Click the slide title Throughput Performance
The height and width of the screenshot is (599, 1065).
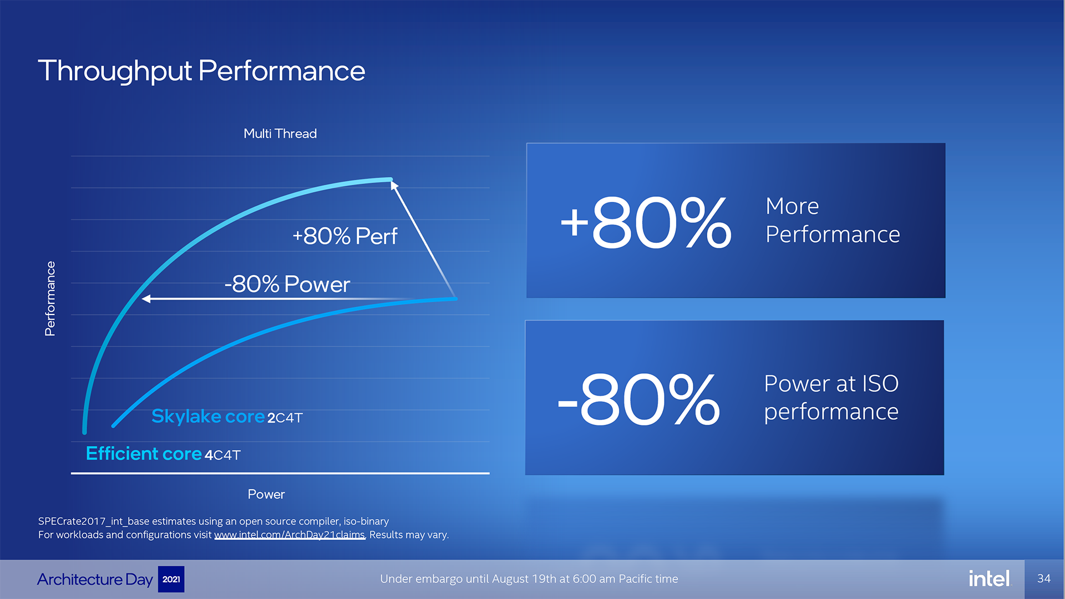click(x=201, y=72)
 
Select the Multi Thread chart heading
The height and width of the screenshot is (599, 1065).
click(x=280, y=134)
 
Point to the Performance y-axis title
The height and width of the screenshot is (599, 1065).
click(x=50, y=298)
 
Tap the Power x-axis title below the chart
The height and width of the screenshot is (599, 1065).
click(x=266, y=494)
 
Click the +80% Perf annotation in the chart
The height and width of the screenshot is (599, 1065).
click(x=344, y=236)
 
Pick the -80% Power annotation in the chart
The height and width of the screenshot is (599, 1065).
click(x=287, y=284)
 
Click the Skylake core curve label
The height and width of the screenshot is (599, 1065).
click(x=208, y=416)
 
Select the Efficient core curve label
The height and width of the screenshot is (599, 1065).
click(x=144, y=454)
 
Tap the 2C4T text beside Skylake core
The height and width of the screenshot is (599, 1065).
click(x=285, y=418)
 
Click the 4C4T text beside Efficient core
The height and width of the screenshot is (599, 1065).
click(x=222, y=455)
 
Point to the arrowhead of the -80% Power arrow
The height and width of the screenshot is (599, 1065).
click(x=146, y=299)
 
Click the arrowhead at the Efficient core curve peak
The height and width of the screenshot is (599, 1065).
click(x=394, y=185)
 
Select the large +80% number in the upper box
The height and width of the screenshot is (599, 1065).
click(x=646, y=223)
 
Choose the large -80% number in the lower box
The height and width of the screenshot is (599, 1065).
click(x=638, y=399)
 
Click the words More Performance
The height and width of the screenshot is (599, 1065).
click(x=833, y=220)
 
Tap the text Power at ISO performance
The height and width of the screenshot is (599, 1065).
click(x=831, y=398)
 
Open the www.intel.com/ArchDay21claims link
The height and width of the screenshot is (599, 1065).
click(x=290, y=535)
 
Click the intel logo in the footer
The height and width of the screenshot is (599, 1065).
click(x=989, y=578)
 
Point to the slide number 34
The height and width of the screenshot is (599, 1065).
click(x=1044, y=578)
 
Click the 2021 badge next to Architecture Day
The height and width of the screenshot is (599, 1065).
click(x=171, y=579)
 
